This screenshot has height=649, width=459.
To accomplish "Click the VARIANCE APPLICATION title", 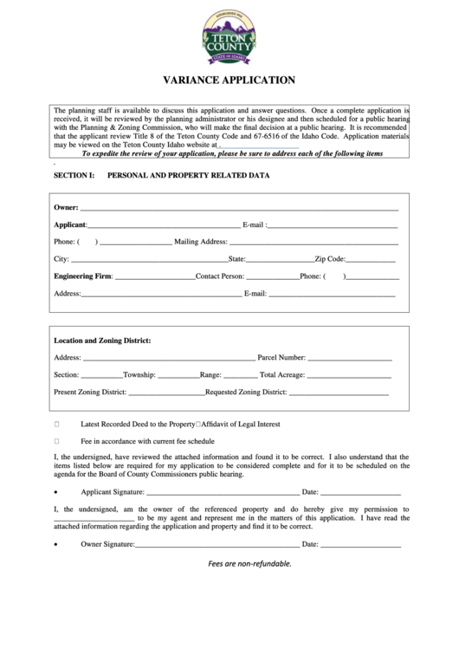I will coord(229,80).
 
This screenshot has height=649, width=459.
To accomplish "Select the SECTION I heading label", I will coord(74,175).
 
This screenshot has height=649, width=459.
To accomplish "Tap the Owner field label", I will coord(66,208).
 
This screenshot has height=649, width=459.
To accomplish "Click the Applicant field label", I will coord(70,224).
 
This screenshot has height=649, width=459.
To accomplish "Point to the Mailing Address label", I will coord(200,242).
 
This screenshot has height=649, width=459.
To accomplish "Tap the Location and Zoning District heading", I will coord(102,341).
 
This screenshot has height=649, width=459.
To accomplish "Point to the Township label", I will coord(139,374).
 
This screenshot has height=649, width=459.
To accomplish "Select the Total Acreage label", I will coord(282,374).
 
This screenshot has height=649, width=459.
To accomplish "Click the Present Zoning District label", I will coord(90,392).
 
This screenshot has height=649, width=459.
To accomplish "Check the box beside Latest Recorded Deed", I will coord(57,425).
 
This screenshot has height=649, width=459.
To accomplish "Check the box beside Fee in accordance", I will coord(57,441).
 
